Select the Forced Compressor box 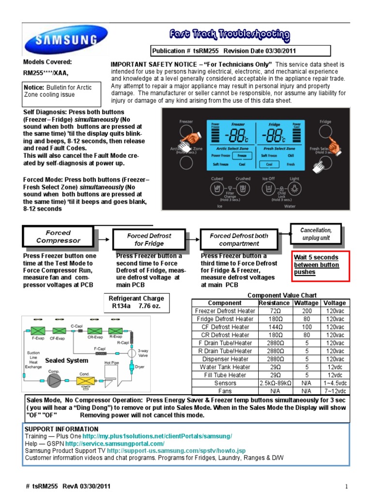[58, 237]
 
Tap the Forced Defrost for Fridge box [149, 239]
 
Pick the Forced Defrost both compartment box [238, 239]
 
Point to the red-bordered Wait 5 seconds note [320, 265]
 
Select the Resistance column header [274, 303]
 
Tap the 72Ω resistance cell [274, 311]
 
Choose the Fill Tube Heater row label [224, 375]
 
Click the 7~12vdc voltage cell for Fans [335, 391]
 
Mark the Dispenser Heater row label [224, 359]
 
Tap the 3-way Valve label [143, 353]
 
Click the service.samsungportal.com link [115, 443]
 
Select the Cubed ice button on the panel [217, 188]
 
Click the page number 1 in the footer [347, 486]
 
